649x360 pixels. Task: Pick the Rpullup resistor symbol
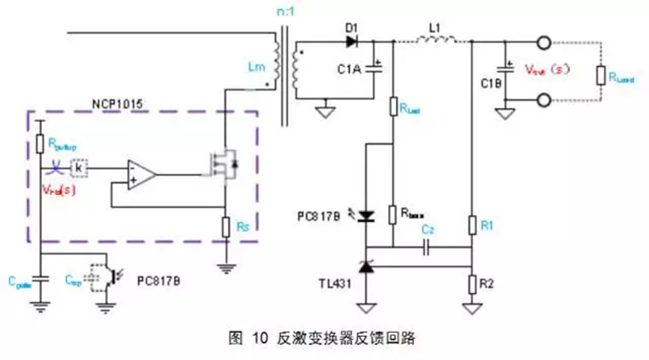42,142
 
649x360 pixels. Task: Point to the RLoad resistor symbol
601,76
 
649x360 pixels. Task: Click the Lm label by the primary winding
257,67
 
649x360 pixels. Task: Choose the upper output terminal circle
539,42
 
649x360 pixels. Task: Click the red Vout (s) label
548,69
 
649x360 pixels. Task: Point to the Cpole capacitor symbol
42,279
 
